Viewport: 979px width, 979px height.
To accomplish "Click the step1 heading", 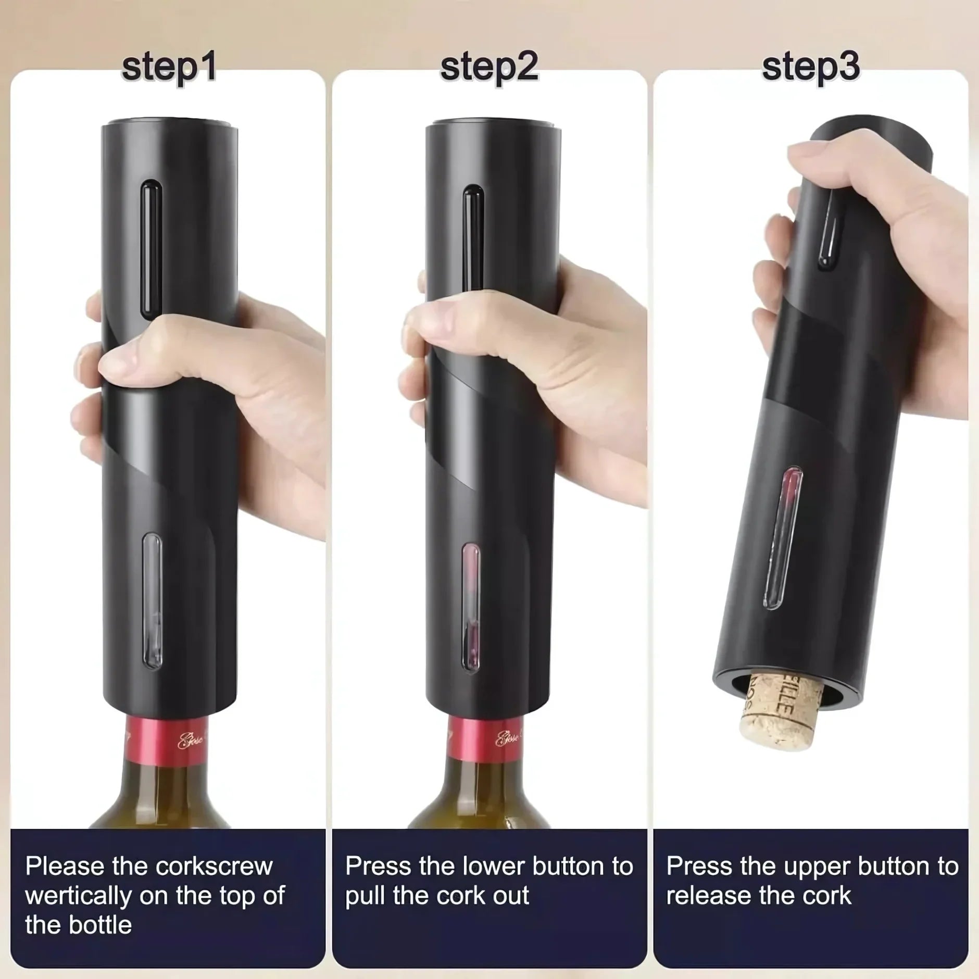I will pos(169,67).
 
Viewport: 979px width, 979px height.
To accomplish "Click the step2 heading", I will pos(489,67).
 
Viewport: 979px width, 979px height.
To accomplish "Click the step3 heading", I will pos(811,67).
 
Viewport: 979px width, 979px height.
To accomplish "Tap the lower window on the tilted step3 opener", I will pos(783,537).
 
